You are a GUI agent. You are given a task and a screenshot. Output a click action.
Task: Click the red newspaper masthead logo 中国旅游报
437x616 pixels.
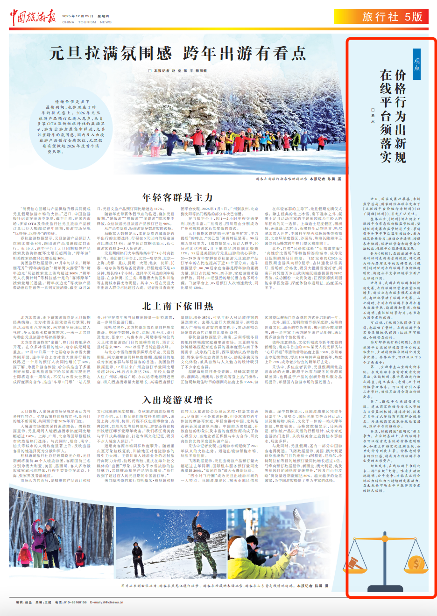[x=33, y=17]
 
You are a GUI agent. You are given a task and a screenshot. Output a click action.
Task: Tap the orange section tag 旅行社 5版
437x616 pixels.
[x=392, y=17]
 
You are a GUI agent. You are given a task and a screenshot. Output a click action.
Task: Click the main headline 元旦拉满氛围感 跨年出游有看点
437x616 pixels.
[x=177, y=53]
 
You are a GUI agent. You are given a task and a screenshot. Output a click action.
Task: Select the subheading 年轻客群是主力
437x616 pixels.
[x=177, y=197]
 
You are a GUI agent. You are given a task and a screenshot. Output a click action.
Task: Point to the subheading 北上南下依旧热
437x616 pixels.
[x=177, y=306]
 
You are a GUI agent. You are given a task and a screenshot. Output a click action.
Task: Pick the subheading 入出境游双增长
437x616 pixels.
[x=177, y=400]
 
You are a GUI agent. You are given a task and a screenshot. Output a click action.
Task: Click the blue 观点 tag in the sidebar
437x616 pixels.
[x=416, y=64]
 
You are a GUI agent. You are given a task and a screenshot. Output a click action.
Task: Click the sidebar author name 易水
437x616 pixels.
[x=373, y=115]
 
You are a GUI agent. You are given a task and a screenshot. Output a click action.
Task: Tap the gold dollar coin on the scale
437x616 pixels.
[x=417, y=565]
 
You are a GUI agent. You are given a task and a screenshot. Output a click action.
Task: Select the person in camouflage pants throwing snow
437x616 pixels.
[x=137, y=557]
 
